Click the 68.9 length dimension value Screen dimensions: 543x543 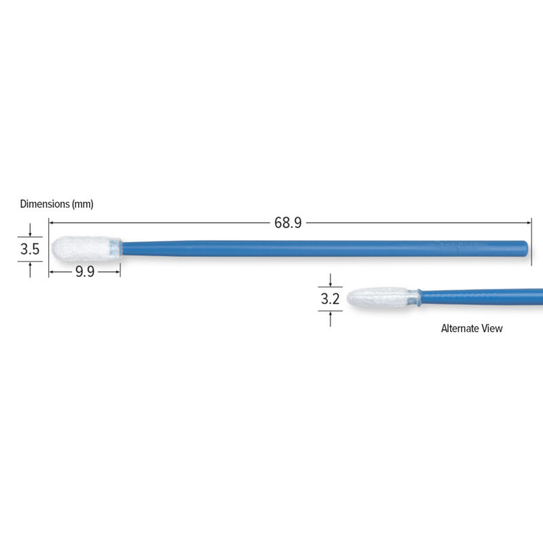tap(288, 223)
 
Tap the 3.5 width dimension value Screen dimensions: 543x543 tap(29, 249)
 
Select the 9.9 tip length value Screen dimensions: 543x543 tap(85, 272)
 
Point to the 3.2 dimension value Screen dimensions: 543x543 tap(329, 298)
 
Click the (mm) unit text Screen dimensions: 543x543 tap(82, 204)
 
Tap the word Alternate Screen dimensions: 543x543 tap(460, 329)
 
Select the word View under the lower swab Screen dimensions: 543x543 tap(492, 329)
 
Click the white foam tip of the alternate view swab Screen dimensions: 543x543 tap(377, 297)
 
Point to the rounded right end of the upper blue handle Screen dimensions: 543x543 tap(525, 246)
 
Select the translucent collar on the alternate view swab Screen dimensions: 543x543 tap(414, 297)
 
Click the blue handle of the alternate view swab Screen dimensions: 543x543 tap(482, 297)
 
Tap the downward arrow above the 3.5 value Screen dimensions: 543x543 tap(30, 231)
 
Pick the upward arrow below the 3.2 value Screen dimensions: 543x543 tap(330, 316)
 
